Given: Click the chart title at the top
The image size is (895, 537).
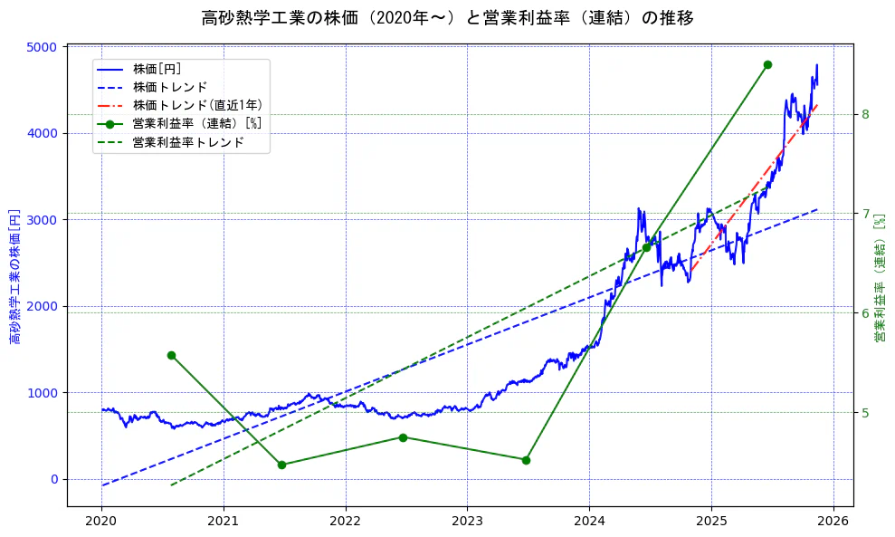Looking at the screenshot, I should tap(447, 18).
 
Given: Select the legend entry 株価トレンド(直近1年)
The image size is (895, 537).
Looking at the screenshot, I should tap(197, 106).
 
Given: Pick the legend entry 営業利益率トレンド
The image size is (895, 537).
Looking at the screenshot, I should tap(188, 143).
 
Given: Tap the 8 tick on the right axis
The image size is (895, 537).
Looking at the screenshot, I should tap(865, 114).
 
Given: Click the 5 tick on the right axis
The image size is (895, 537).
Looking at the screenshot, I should tap(865, 413).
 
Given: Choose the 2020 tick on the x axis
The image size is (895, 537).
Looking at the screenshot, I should tap(101, 522).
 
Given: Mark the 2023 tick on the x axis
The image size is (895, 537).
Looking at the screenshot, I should tap(467, 522).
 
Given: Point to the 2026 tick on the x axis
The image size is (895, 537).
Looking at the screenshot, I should tap(833, 522).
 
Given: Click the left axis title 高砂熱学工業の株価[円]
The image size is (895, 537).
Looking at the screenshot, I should tap(15, 276).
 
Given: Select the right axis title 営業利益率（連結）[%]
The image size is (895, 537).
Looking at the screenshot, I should tap(879, 276).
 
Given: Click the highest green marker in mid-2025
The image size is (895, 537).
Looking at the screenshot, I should tap(767, 64).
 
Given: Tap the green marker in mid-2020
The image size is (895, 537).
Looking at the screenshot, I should tap(171, 355).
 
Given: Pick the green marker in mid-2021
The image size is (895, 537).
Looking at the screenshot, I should tap(281, 465).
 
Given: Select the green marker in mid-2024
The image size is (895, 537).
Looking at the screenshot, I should tap(646, 247).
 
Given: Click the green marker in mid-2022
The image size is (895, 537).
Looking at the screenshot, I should tap(403, 437).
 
